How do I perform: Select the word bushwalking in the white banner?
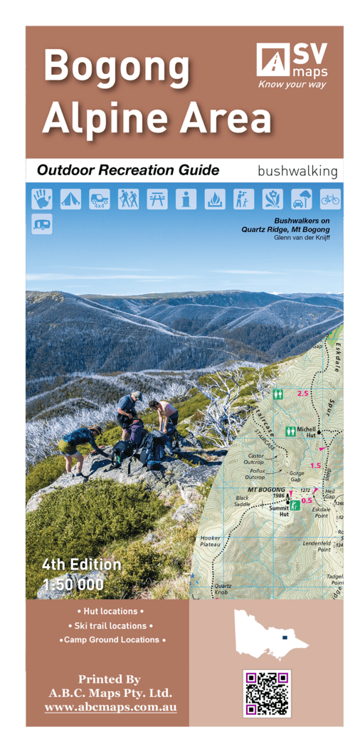(297, 171)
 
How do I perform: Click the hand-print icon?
(41, 199)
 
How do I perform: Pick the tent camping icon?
(70, 199)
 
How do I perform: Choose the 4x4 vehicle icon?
(100, 199)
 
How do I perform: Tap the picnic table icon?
(157, 199)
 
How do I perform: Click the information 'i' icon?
(186, 199)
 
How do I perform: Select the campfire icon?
(215, 199)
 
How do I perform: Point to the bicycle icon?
(330, 199)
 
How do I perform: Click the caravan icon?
(41, 224)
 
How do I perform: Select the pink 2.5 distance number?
(302, 393)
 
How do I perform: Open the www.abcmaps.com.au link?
(110, 708)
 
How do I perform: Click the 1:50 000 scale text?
(73, 585)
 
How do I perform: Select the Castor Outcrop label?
(255, 458)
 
